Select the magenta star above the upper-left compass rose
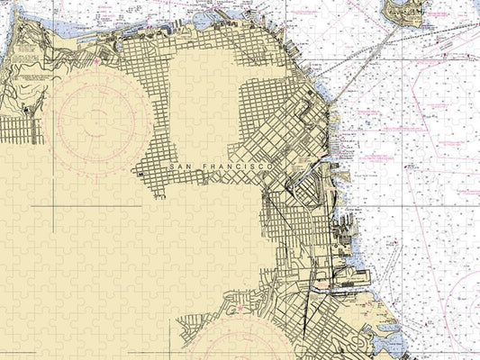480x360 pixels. [98, 62]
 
